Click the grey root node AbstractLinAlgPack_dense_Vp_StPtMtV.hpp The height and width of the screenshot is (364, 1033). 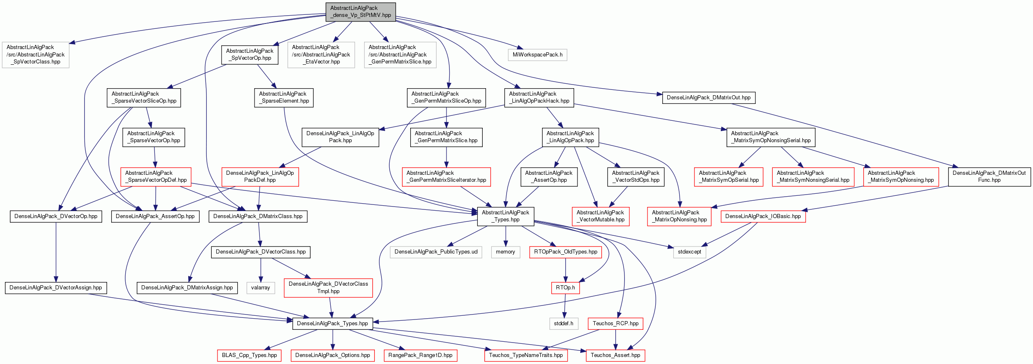point(360,12)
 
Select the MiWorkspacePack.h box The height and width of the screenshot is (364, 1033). point(538,55)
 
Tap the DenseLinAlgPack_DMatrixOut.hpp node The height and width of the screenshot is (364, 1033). point(708,98)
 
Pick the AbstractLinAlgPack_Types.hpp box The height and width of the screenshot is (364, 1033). point(505,216)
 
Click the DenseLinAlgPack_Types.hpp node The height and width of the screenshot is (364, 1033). point(332,324)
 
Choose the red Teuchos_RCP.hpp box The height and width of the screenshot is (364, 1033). point(615,324)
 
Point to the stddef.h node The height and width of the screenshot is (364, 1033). point(563,324)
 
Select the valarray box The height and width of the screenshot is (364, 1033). point(260,288)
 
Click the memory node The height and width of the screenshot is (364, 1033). point(505,252)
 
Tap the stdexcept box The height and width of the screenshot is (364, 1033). point(689,252)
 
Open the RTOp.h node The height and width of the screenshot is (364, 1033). point(566,288)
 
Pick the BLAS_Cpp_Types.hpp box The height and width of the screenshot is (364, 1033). point(249,355)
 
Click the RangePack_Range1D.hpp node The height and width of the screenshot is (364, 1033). point(420,355)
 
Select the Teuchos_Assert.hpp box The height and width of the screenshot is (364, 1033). point(615,355)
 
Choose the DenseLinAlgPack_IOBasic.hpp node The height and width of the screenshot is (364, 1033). point(763,216)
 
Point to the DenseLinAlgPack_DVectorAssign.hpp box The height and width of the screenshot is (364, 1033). point(56,288)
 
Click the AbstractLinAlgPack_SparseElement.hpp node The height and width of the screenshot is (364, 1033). point(283,98)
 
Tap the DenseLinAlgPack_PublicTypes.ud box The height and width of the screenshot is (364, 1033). point(436,252)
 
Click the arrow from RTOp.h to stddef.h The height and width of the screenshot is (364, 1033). point(565,305)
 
